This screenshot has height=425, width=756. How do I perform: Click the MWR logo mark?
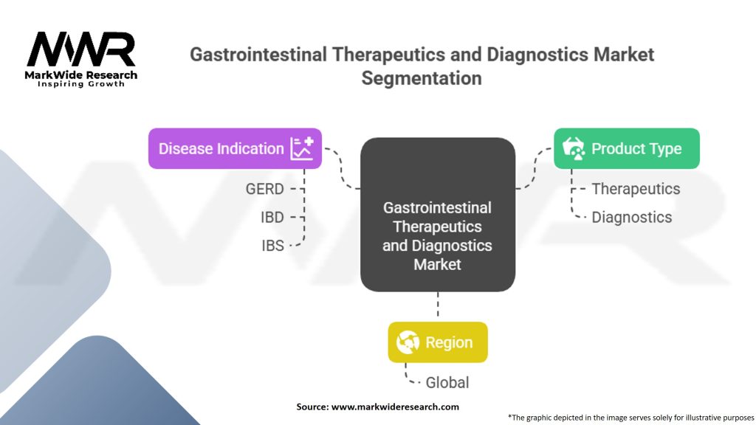[x=81, y=49]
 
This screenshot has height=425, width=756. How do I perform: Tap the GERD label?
[x=265, y=189]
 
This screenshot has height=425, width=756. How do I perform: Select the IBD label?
[x=272, y=218]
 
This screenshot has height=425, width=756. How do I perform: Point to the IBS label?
[x=273, y=246]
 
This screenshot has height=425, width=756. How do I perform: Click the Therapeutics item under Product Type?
[x=636, y=189]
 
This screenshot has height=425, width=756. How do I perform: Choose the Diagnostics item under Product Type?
[x=632, y=218]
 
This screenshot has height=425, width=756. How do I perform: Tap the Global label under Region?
[x=447, y=383]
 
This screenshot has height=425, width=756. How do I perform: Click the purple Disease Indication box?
[x=235, y=148]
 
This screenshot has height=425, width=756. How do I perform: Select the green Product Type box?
[x=626, y=148]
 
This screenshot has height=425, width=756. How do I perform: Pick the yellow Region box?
[x=438, y=342]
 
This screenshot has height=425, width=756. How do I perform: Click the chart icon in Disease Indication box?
[x=302, y=148]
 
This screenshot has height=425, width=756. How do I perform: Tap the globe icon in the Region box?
[x=408, y=342]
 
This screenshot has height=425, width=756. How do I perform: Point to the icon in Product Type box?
[x=573, y=148]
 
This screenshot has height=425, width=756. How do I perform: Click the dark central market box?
[x=438, y=215]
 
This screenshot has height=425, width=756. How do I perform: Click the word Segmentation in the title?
[x=422, y=78]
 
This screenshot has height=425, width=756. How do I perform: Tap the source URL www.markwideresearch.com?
[x=396, y=407]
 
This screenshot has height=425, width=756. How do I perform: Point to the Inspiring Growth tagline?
[x=81, y=84]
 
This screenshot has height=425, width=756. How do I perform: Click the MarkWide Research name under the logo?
[x=81, y=75]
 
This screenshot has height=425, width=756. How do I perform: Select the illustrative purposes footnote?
[x=630, y=418]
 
